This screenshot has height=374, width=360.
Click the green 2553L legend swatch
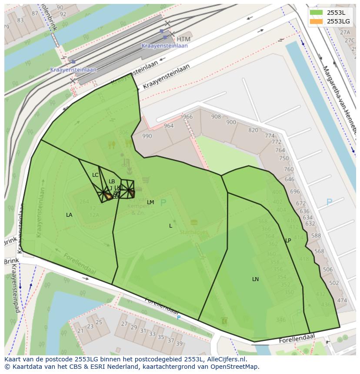317,13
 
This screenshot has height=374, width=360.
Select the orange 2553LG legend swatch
317,21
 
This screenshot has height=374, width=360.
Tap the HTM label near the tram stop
183,39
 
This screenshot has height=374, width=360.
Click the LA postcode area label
69,215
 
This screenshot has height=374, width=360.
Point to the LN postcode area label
255,279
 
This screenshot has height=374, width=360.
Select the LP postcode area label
288,241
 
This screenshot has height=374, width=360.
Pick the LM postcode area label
150,202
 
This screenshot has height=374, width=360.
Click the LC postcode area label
95,175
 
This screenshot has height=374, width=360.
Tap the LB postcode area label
112,182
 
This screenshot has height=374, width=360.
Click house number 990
147,136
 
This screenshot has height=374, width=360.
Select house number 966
187,117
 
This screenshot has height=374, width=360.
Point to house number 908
216,117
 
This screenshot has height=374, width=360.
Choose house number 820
253,130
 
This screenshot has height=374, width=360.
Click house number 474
342,301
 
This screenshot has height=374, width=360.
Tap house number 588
316,236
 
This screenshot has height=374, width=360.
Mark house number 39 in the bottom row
179,344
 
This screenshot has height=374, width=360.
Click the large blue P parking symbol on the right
329,202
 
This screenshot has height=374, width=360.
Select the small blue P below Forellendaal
178,318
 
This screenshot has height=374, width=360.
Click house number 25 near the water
99,322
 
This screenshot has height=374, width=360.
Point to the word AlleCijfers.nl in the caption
227,360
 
